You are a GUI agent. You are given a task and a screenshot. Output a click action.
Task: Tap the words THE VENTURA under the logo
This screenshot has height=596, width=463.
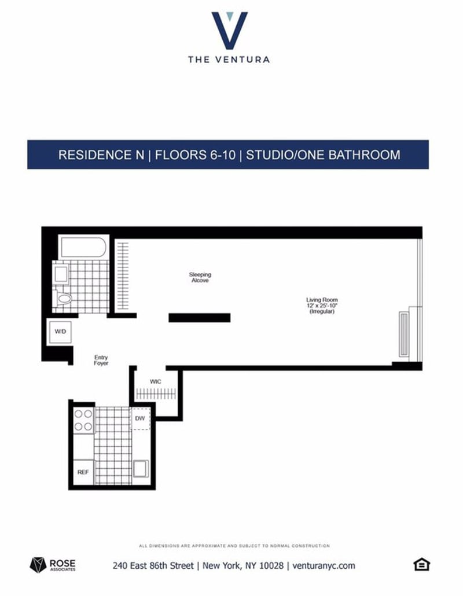(x=229, y=59)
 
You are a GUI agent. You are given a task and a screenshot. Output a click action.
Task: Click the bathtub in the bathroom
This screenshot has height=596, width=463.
(x=83, y=248)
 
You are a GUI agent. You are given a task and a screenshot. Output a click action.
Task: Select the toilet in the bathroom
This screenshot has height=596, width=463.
(x=64, y=299)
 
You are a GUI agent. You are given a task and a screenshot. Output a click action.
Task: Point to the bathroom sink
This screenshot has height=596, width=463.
(x=61, y=274)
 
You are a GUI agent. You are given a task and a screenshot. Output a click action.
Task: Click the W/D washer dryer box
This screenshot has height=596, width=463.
(x=60, y=332)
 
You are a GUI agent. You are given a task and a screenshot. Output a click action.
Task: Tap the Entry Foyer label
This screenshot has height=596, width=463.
(x=101, y=360)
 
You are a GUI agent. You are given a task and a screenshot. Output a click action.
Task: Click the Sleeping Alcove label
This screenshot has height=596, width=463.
(x=200, y=277)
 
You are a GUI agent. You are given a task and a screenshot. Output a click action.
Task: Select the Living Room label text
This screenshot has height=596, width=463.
(x=322, y=300)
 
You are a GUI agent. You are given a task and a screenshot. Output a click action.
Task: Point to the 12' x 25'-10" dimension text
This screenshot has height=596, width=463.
(x=322, y=305)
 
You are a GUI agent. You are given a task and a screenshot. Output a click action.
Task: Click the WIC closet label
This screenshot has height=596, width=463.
(x=156, y=382)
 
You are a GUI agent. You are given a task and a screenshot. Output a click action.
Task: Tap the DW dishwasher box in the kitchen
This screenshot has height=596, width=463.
(x=140, y=418)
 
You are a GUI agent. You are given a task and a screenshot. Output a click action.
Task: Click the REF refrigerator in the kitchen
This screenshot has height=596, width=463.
(x=83, y=472)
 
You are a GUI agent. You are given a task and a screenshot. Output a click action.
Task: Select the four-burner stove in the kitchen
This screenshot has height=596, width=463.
(x=83, y=420)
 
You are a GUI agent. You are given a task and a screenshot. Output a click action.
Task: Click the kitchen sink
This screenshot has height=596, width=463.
(x=141, y=469)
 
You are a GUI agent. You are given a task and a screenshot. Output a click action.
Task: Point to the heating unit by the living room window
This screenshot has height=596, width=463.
(x=404, y=334)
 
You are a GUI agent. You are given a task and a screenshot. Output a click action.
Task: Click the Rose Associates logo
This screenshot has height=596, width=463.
(x=53, y=565)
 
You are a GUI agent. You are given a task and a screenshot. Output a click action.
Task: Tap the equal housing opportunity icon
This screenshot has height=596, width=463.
(x=421, y=564)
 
